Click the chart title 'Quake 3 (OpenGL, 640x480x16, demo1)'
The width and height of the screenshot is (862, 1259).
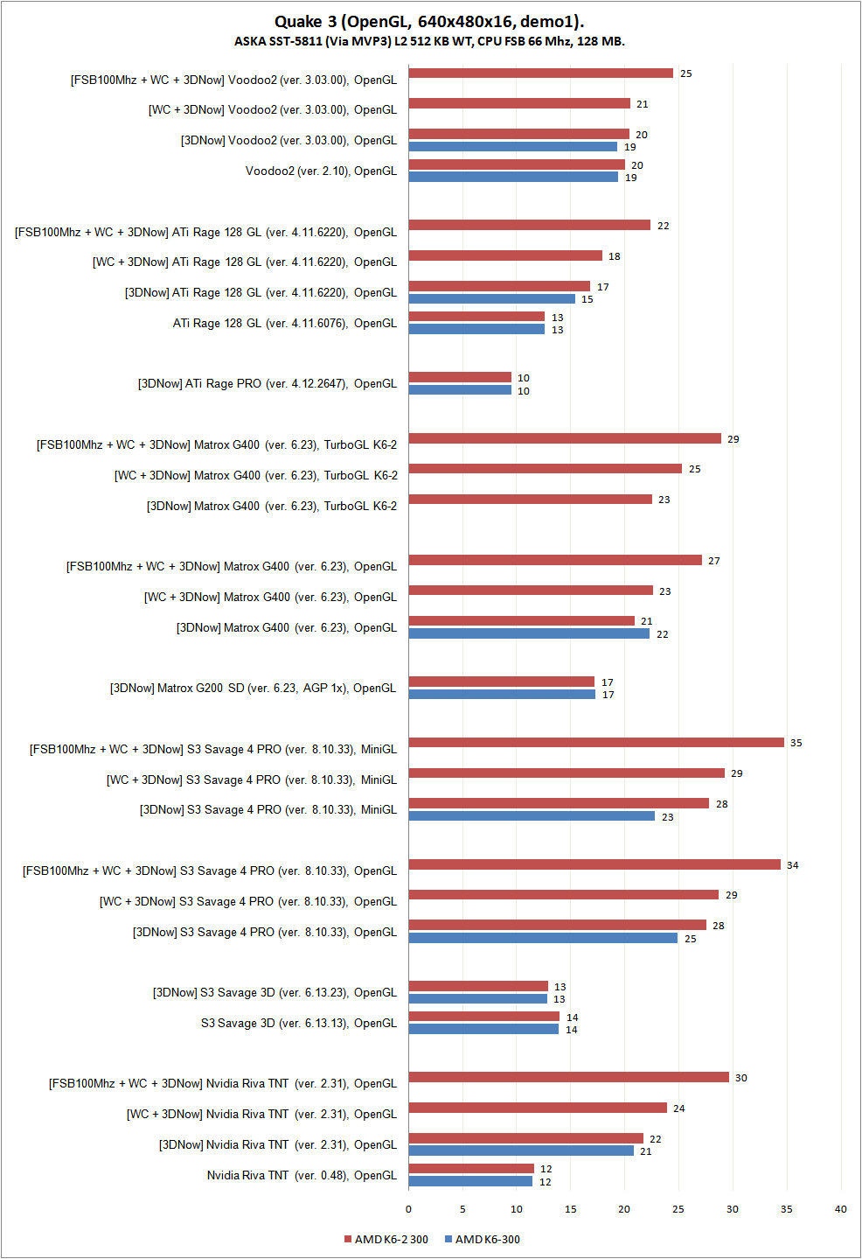[x=429, y=22]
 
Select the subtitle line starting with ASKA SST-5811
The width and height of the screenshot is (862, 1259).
[x=429, y=41]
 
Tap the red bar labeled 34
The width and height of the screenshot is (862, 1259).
[x=594, y=864]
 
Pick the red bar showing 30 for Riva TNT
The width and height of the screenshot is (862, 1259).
[x=568, y=1077]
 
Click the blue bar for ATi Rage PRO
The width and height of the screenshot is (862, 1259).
[x=460, y=390]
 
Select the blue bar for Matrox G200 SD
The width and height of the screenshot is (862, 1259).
[x=502, y=695]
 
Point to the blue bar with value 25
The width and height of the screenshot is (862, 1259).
[x=543, y=938]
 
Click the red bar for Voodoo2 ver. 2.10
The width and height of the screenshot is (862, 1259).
[x=517, y=164]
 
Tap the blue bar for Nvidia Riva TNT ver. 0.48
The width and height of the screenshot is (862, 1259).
[x=470, y=1181]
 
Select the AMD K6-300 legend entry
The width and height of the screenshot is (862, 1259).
[x=483, y=1239]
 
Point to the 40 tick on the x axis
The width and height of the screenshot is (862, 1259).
[x=840, y=1209]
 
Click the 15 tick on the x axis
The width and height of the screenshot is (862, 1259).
[x=571, y=1209]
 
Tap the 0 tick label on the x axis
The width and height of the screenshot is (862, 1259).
[x=408, y=1209]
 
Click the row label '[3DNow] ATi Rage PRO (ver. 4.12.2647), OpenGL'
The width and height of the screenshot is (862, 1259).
[x=267, y=383]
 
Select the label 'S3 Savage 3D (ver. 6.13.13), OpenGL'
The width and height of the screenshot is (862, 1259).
[x=298, y=1023]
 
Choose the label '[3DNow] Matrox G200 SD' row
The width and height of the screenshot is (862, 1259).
[x=253, y=688]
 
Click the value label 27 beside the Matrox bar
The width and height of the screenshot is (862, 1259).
[x=714, y=561]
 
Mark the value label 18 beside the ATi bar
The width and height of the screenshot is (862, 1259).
[x=615, y=256]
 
